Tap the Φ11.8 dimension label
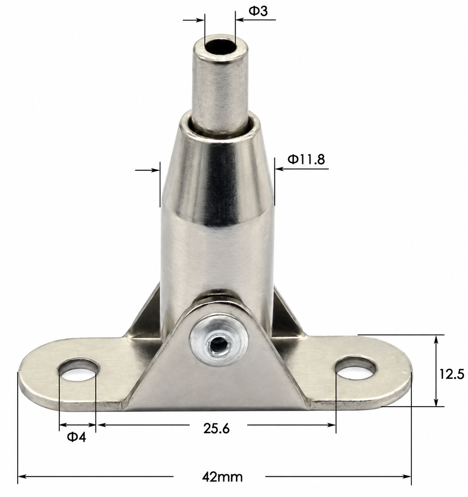point(306,159)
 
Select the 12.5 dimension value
point(452,374)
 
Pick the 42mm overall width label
point(222,477)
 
